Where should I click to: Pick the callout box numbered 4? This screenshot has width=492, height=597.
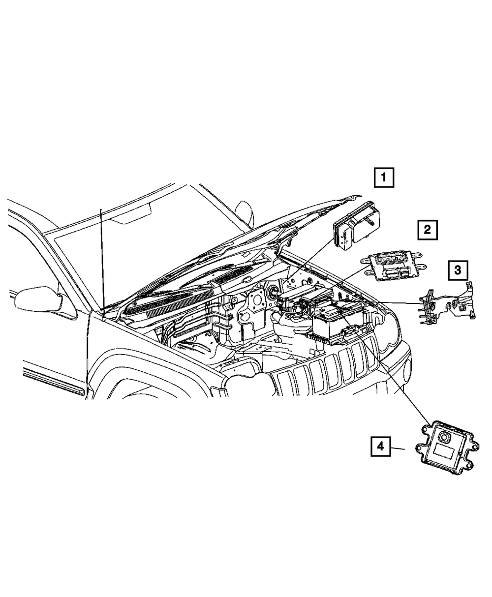(x=380, y=447)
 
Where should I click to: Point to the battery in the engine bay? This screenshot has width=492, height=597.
(x=335, y=322)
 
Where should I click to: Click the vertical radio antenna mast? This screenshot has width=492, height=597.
(x=102, y=256)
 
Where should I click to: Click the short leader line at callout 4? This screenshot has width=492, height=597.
(x=399, y=448)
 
